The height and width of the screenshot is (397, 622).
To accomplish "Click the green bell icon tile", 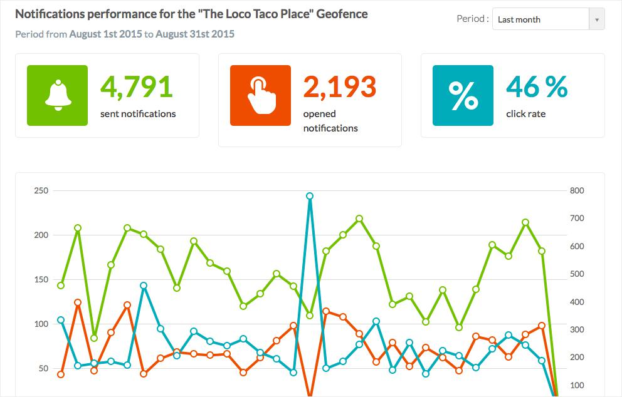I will coord(58,95).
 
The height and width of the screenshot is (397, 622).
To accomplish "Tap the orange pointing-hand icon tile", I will coord(260,95).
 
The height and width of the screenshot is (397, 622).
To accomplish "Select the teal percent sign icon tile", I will coord(463,95).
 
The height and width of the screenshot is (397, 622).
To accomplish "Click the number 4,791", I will coord(136,87).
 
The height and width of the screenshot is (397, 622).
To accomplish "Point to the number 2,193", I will coord(339,87).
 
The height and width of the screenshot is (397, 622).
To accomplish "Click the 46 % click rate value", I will coord(537,87).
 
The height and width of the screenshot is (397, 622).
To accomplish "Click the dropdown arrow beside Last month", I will coord(597,19).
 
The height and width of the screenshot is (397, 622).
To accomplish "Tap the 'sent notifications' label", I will coord(138,114).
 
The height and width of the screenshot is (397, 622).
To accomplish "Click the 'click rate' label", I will coord(525,114).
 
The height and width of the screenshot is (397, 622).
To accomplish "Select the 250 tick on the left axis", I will coord(41,191).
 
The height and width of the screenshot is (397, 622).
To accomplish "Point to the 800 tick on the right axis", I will coord(577,191).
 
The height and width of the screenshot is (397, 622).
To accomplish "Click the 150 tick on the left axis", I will coord(41,279).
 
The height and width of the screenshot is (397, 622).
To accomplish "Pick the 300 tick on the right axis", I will coord(577,329).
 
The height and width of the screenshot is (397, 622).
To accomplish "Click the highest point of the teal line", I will coord(310,196).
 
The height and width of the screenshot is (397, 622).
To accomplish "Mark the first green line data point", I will coord(61,286).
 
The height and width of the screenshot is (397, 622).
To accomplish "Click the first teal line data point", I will coord(61,320).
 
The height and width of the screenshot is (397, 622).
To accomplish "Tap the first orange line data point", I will coord(61,374).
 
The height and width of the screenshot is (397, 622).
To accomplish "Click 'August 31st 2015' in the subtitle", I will coord(195,34).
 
